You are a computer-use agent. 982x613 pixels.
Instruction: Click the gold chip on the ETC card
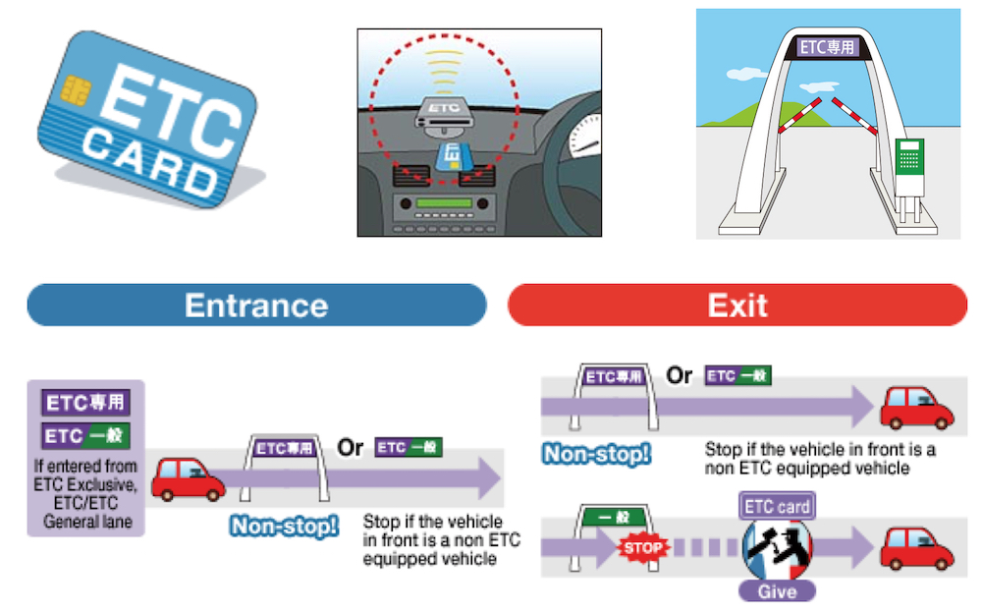coord(73,92)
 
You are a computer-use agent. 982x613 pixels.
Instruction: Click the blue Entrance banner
coord(256,305)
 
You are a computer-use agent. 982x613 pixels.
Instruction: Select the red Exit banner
coord(737,305)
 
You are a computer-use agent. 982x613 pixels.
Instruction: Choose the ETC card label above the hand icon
coord(776,507)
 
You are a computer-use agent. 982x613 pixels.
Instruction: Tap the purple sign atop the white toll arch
coord(827,46)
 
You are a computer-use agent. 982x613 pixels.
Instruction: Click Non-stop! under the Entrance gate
coord(285,526)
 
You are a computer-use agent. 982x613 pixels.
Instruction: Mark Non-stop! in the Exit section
coord(596,454)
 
